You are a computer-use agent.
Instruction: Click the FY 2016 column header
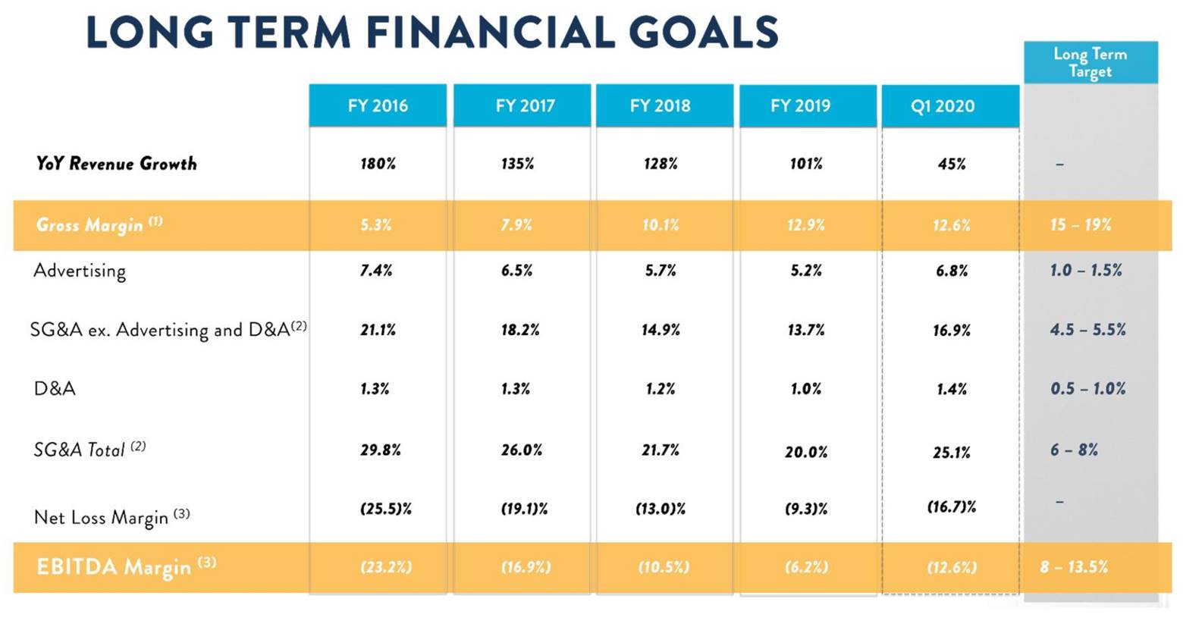(x=378, y=105)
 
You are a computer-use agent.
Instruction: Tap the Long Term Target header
(x=1090, y=62)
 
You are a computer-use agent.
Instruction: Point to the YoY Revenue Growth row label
(x=116, y=163)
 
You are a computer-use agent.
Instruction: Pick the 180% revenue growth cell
(x=378, y=164)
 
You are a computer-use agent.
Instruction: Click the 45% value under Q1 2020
(x=952, y=164)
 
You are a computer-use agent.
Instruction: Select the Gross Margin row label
(x=99, y=224)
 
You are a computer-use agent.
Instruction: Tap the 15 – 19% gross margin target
(x=1081, y=225)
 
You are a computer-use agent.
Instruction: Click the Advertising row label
(x=80, y=271)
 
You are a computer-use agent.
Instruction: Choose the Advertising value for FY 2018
(x=661, y=271)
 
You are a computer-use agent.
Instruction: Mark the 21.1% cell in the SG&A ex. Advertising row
(x=378, y=330)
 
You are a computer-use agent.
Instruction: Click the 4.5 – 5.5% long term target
(x=1088, y=330)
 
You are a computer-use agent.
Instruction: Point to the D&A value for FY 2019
(x=806, y=389)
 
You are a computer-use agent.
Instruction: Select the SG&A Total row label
(x=89, y=449)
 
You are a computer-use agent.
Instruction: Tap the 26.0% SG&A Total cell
(x=522, y=450)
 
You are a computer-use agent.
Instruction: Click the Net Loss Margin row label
(x=111, y=516)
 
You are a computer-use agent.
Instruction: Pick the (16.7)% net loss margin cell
(x=952, y=507)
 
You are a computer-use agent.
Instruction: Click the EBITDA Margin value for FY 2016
(x=386, y=567)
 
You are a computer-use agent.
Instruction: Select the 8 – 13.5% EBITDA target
(x=1074, y=567)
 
